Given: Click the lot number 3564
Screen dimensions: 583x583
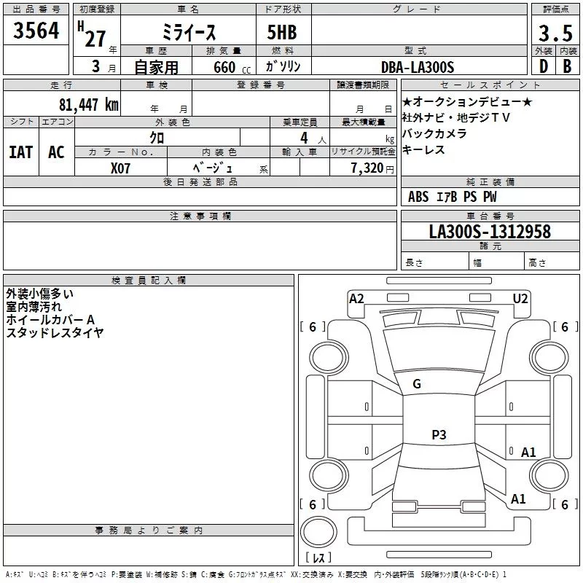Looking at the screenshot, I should [x=36, y=31].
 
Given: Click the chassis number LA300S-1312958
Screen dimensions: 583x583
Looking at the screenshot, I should [x=490, y=232].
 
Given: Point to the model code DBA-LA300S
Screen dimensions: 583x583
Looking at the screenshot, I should [x=418, y=67].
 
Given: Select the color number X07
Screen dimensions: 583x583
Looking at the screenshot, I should [x=121, y=167].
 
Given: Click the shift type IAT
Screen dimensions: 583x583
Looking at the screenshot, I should [x=20, y=152].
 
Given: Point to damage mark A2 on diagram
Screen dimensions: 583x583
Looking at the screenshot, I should [x=356, y=298].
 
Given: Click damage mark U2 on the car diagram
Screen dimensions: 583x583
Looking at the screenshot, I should [x=520, y=298].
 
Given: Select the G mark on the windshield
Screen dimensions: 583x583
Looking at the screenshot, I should [x=417, y=384].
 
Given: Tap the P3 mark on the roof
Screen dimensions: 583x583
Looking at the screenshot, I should [x=439, y=435].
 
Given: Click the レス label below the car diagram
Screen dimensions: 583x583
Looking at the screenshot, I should [x=318, y=557].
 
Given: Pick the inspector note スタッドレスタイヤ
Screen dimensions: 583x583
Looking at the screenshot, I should [x=55, y=333].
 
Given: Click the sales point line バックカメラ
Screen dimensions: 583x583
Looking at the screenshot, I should [x=434, y=133].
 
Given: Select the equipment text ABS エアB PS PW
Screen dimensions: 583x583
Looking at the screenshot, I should [x=452, y=197].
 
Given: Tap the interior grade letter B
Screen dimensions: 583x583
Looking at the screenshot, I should [x=566, y=67].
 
